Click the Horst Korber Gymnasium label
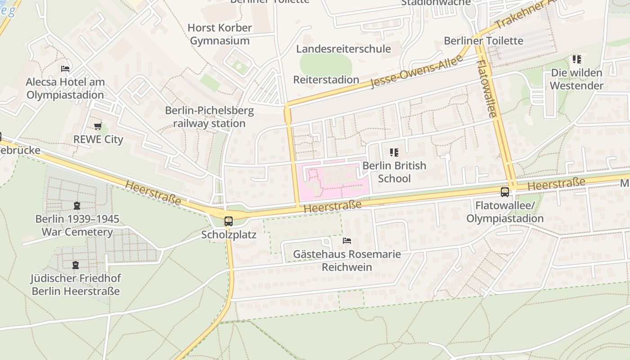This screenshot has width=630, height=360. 220,34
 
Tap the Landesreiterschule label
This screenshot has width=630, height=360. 343,49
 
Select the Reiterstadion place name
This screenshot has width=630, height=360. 326,80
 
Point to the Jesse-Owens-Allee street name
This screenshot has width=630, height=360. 417,72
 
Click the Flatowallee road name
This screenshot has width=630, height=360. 487,89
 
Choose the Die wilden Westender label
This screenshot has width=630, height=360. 576,79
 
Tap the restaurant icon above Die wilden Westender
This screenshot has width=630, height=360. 576,59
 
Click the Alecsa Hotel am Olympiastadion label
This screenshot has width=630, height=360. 65,89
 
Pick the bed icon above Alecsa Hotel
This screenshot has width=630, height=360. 65,69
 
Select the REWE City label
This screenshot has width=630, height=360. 98,139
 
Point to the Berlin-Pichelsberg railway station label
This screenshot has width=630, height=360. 209,117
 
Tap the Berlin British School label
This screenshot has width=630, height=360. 394,172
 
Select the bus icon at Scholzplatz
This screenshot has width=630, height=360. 229,221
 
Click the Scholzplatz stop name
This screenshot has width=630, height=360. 229,234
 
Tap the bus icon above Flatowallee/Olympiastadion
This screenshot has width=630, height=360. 505,192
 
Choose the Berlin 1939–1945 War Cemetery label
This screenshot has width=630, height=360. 77,225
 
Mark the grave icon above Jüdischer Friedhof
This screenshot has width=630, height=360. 76,265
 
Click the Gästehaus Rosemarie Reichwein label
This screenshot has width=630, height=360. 347,261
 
